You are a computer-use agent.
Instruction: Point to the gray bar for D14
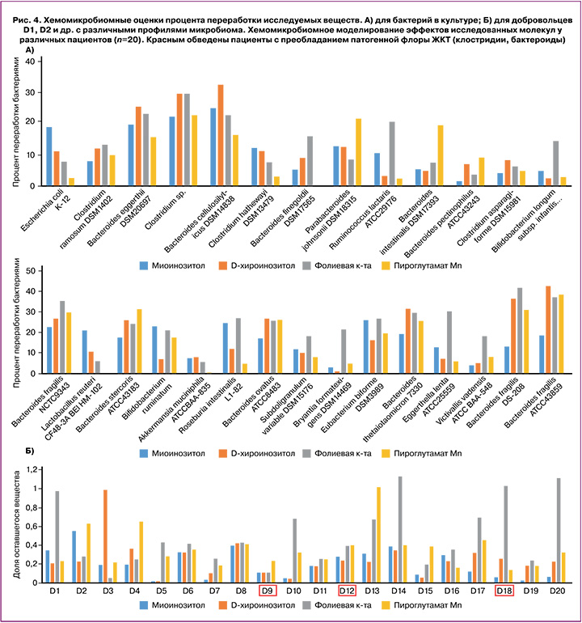pyautogui.click(x=399, y=529)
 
